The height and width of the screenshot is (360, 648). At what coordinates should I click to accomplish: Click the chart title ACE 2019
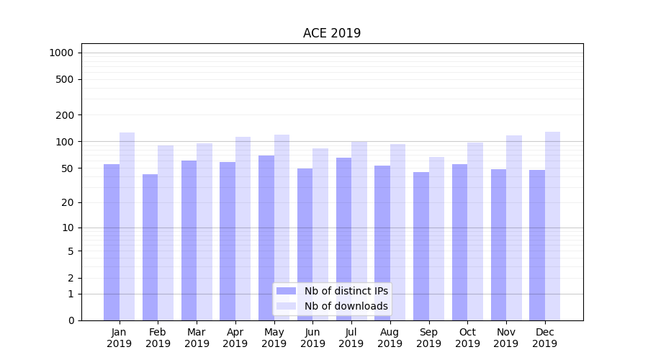tap(332, 33)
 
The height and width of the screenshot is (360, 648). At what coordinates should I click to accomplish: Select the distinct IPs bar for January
tap(112, 242)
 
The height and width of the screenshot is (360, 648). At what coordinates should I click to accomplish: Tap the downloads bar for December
tap(552, 226)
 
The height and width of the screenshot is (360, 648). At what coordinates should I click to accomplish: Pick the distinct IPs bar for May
tap(266, 238)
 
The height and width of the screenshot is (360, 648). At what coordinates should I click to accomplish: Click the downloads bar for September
tap(436, 238)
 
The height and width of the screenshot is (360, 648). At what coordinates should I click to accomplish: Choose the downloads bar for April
tap(243, 228)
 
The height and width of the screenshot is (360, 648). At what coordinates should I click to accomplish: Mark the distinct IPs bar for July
tap(343, 239)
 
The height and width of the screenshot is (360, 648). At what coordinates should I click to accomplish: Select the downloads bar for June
tap(320, 234)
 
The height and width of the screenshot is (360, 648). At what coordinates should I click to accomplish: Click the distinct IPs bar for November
tap(498, 245)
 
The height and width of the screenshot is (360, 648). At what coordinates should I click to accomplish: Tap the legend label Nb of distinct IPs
tap(346, 291)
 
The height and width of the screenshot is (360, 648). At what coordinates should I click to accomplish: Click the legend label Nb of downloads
tap(346, 306)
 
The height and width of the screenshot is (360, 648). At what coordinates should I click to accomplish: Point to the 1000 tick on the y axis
tap(61, 53)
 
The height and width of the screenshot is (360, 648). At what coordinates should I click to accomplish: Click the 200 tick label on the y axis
tap(65, 115)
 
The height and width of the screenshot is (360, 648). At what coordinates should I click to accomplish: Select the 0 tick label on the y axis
tap(71, 320)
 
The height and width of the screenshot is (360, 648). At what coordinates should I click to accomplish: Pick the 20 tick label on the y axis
tap(68, 202)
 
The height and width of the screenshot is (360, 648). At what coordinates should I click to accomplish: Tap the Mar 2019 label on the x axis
tap(197, 338)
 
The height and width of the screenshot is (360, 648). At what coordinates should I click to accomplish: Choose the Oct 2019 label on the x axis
tap(467, 338)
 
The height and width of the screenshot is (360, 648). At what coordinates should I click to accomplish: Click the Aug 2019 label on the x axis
tap(390, 338)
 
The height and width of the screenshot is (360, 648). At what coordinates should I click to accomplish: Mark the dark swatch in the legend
tap(287, 291)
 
